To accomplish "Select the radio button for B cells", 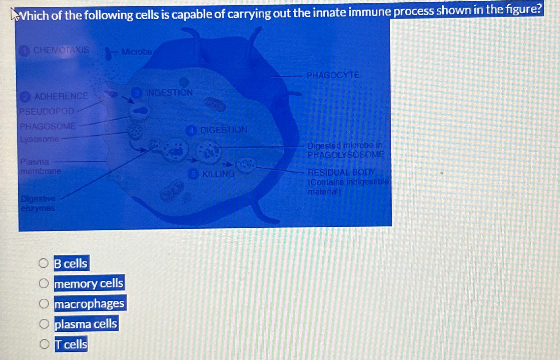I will pyautogui.click(x=44, y=263).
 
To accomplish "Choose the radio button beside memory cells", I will pyautogui.click(x=44, y=283).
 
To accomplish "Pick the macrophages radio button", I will pyautogui.click(x=44, y=303).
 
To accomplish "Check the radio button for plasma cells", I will pyautogui.click(x=44, y=324).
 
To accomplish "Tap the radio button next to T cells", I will pyautogui.click(x=44, y=344).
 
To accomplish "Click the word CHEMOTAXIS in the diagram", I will pyautogui.click(x=61, y=50).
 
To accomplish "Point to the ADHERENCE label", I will pyautogui.click(x=61, y=96).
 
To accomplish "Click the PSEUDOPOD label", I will pyautogui.click(x=47, y=111).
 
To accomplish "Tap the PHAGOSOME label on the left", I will pyautogui.click(x=48, y=126).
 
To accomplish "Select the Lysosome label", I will pyautogui.click(x=40, y=139).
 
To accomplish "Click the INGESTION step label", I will pyautogui.click(x=169, y=93).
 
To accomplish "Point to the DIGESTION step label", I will pyautogui.click(x=223, y=130).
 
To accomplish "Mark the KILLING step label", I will pyautogui.click(x=218, y=174).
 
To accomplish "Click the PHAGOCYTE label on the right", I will pyautogui.click(x=333, y=75).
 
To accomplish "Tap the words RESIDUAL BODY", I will pyautogui.click(x=341, y=172).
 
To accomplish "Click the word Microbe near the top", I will pyautogui.click(x=137, y=52).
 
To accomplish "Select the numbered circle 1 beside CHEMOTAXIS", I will pyautogui.click(x=24, y=51).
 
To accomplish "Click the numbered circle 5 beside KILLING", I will pyautogui.click(x=193, y=174).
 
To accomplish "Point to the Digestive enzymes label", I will pyautogui.click(x=38, y=203).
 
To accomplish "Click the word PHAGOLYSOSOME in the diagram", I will pyautogui.click(x=346, y=155).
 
